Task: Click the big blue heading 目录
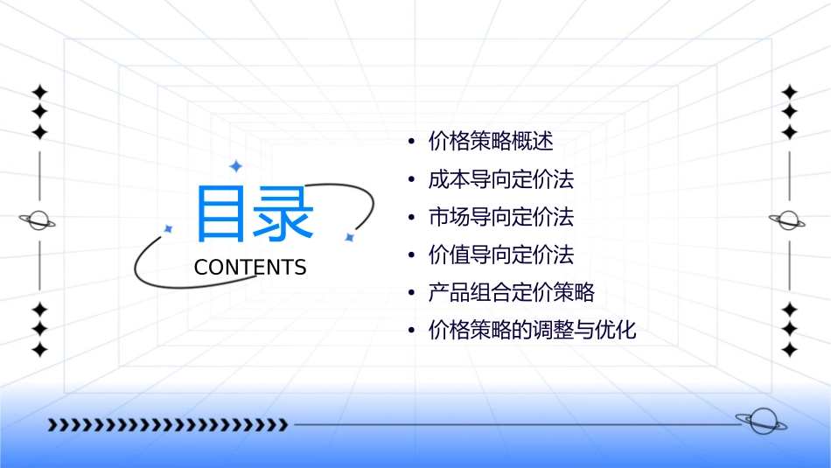(x=255, y=213)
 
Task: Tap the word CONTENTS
(x=250, y=268)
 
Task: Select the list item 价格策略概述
(x=491, y=142)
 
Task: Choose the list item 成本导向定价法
(x=501, y=180)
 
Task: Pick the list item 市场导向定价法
(x=501, y=218)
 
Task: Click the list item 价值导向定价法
(x=501, y=255)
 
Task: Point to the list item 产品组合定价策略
(x=512, y=293)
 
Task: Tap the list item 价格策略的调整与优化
(x=533, y=332)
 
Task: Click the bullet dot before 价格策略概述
(x=411, y=143)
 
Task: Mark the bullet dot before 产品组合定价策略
(x=411, y=294)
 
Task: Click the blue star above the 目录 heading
(x=234, y=166)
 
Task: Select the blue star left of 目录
(x=168, y=229)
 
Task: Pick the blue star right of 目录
(x=348, y=237)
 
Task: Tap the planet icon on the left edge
(x=38, y=220)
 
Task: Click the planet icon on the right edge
(x=789, y=220)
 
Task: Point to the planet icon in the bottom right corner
(x=761, y=422)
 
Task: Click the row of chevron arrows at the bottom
(x=167, y=425)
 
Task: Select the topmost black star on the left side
(x=38, y=92)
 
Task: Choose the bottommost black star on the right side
(x=789, y=350)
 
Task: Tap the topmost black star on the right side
(x=789, y=92)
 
